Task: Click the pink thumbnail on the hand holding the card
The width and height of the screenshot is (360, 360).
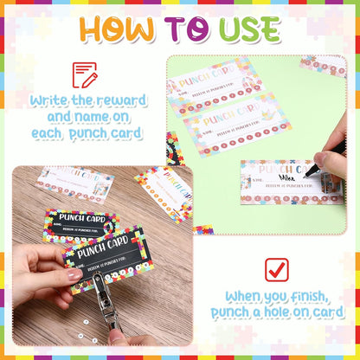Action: click(74, 274)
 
